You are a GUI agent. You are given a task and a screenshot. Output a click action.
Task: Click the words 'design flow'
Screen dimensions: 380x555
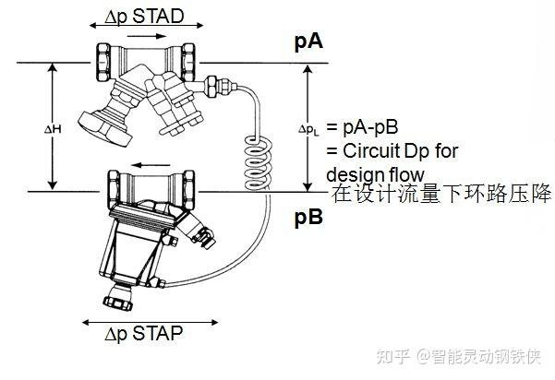click(375, 173)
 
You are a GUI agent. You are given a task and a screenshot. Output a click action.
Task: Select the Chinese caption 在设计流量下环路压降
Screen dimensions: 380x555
click(441, 194)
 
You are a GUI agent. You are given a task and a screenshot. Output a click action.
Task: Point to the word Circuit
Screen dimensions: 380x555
click(365, 150)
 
